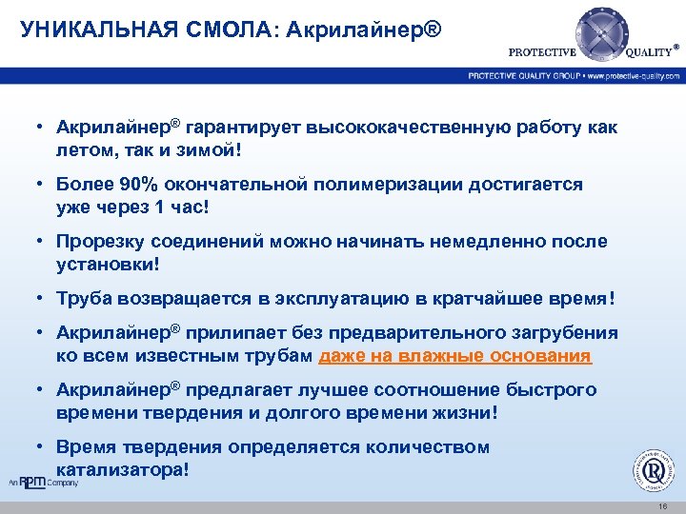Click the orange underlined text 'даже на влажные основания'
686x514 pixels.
coord(455,355)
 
